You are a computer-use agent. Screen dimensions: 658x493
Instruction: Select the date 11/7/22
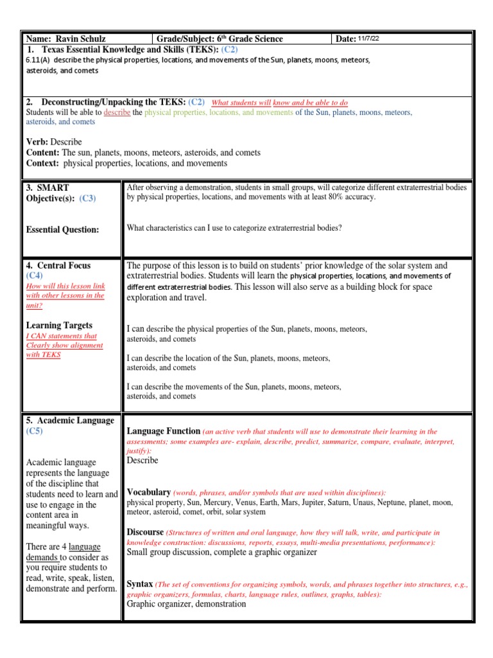click(368, 39)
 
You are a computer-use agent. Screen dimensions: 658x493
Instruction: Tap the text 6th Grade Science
click(247, 39)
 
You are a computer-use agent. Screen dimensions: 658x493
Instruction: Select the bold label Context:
click(43, 163)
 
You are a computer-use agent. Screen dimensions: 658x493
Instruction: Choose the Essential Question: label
click(62, 229)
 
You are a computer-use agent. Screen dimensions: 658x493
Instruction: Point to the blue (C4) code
click(35, 276)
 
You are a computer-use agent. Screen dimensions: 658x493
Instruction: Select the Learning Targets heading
click(59, 325)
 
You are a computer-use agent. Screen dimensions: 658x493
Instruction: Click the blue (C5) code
click(35, 431)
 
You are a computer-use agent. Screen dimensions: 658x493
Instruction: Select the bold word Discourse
click(145, 532)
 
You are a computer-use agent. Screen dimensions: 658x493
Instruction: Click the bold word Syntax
click(140, 584)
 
